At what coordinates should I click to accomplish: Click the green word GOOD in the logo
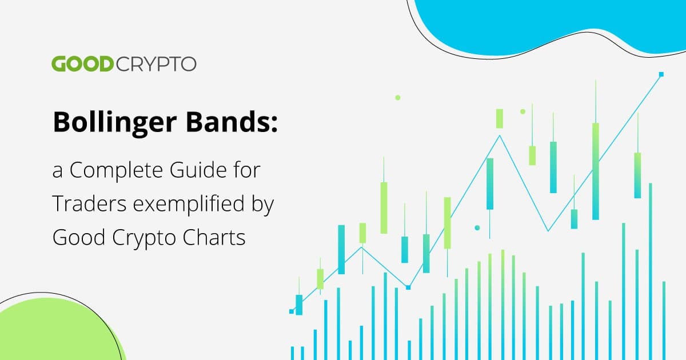pyautogui.click(x=83, y=64)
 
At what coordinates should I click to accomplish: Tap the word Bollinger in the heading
pyautogui.click(x=115, y=123)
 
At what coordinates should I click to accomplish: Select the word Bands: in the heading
pyautogui.click(x=232, y=122)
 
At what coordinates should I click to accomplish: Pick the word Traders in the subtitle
pyautogui.click(x=89, y=203)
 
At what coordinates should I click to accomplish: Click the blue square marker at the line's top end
pyautogui.click(x=661, y=74)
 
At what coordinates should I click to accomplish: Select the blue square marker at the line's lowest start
pyautogui.click(x=292, y=311)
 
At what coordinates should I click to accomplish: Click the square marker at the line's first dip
pyautogui.click(x=408, y=287)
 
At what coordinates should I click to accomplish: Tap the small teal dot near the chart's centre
pyautogui.click(x=477, y=228)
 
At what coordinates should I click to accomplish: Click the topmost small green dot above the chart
pyautogui.click(x=397, y=98)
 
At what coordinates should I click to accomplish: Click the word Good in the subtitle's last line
pyautogui.click(x=79, y=237)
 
